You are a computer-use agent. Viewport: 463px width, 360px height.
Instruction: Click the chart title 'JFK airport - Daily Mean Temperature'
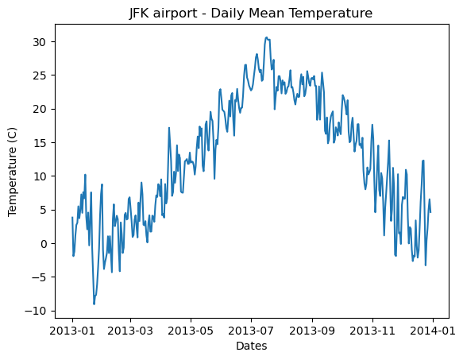[x=251, y=13]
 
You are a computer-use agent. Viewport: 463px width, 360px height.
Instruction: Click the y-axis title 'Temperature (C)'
[x=14, y=172]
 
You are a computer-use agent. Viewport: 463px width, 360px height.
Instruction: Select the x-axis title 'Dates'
[x=251, y=346]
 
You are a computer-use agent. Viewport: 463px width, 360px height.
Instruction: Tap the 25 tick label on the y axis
[x=39, y=75]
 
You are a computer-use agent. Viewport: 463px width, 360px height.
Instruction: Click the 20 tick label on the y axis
[x=39, y=109]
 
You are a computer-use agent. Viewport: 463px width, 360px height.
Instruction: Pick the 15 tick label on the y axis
[x=39, y=142]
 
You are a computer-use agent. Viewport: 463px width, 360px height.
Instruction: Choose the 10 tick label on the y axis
[x=39, y=176]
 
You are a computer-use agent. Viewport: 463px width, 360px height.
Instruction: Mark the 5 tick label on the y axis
[x=42, y=210]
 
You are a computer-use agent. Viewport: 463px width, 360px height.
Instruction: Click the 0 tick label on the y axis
[x=42, y=243]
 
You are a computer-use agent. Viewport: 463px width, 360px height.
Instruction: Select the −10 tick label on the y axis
[x=36, y=311]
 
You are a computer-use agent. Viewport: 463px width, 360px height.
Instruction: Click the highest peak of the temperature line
[x=266, y=37]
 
